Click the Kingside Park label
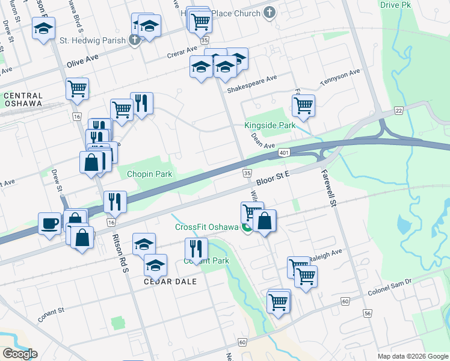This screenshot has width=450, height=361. click(x=270, y=126)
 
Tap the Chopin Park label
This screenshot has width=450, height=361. click(x=149, y=174)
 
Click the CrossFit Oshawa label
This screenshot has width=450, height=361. click(x=207, y=227)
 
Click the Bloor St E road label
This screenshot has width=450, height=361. click(x=273, y=177)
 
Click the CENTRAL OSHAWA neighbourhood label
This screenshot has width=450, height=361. click(x=23, y=99)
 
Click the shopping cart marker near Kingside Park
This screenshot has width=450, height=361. click(x=303, y=105)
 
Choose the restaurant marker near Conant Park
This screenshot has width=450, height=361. click(x=196, y=247)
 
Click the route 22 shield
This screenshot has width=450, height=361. click(x=399, y=110)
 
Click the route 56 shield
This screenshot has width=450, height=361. click(x=367, y=313)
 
